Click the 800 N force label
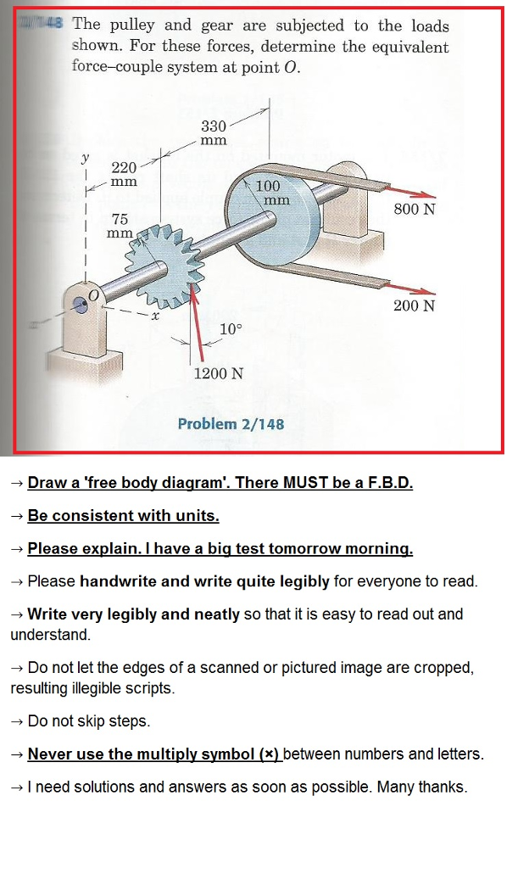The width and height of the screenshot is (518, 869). pyautogui.click(x=415, y=209)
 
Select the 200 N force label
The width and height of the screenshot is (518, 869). pyautogui.click(x=414, y=305)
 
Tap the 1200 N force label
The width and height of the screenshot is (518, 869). pyautogui.click(x=218, y=373)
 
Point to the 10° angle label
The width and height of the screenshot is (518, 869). pyautogui.click(x=230, y=329)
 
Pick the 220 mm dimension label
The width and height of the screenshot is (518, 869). pyautogui.click(x=125, y=174)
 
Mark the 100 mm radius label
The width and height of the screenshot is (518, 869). pyautogui.click(x=271, y=193)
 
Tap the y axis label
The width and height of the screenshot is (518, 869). pyautogui.click(x=85, y=157)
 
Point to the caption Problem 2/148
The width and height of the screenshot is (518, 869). pyautogui.click(x=231, y=423)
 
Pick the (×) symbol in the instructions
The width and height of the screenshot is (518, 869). pyautogui.click(x=267, y=754)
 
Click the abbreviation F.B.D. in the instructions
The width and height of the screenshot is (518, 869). pyautogui.click(x=386, y=483)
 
